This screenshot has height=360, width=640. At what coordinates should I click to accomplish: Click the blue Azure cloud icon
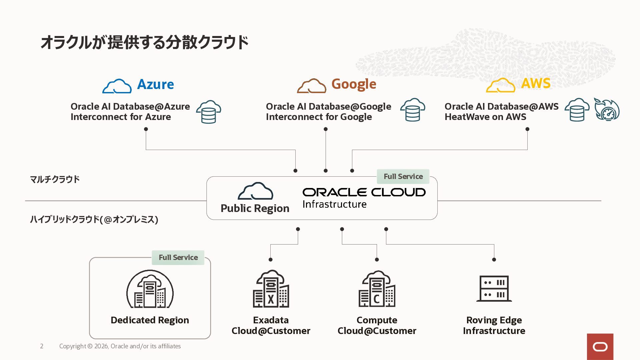pyautogui.click(x=117, y=86)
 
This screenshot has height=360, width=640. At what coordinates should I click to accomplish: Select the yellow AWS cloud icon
pyautogui.click(x=500, y=85)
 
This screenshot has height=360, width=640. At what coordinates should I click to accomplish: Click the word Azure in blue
pyautogui.click(x=155, y=84)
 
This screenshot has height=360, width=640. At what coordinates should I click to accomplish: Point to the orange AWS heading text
pyautogui.click(x=536, y=83)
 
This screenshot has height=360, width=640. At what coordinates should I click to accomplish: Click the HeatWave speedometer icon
pyautogui.click(x=607, y=109)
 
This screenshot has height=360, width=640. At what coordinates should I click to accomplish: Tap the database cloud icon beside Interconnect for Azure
pyautogui.click(x=209, y=112)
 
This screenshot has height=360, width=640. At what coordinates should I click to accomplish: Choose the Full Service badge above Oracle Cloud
pyautogui.click(x=403, y=176)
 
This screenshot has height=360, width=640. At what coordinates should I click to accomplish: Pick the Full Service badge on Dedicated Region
pyautogui.click(x=178, y=257)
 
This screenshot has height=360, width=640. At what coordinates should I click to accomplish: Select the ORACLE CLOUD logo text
pyautogui.click(x=364, y=192)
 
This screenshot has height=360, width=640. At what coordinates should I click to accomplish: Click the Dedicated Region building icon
pyautogui.click(x=150, y=289)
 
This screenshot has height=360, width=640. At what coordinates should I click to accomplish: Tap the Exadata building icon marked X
pyautogui.click(x=271, y=289)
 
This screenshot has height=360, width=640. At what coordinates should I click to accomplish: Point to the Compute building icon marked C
pyautogui.click(x=377, y=289)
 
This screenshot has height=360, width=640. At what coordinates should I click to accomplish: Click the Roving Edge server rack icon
pyautogui.click(x=494, y=288)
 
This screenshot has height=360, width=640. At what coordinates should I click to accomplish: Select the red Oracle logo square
pyautogui.click(x=600, y=347)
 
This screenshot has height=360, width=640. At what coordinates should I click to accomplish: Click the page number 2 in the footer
pyautogui.click(x=42, y=346)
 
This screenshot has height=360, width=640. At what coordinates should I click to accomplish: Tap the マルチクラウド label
pyautogui.click(x=55, y=179)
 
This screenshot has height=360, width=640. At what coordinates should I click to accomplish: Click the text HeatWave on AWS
pyautogui.click(x=485, y=117)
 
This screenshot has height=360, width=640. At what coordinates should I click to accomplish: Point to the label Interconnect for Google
pyautogui.click(x=319, y=117)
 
